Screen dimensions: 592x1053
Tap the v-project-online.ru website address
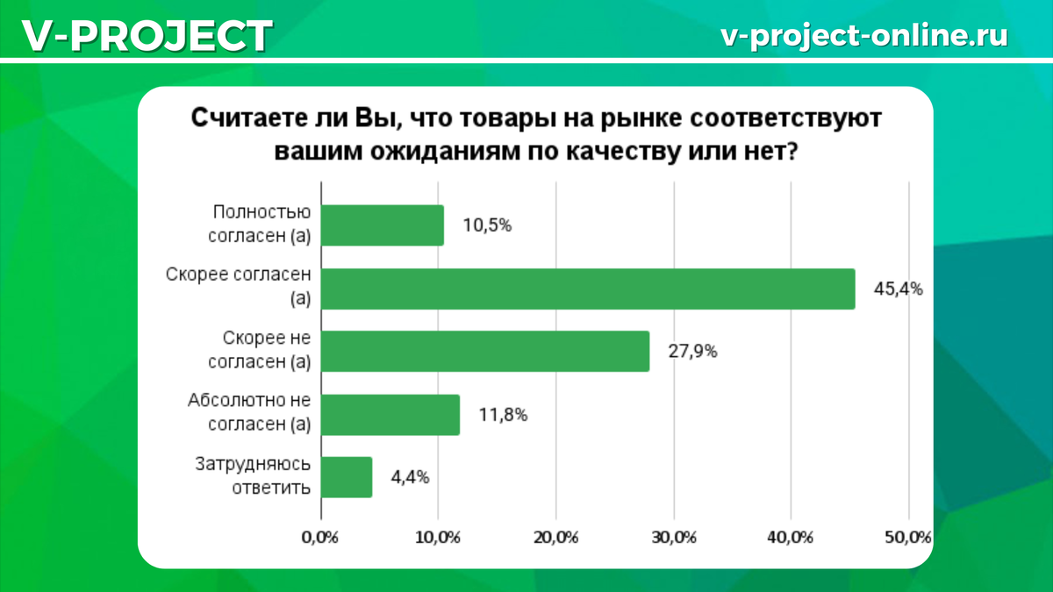(863, 35)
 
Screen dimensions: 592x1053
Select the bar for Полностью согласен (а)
(383, 225)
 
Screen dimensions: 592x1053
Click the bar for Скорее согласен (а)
(588, 289)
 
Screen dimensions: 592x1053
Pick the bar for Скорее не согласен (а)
(485, 352)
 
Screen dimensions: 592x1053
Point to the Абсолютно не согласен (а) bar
(390, 415)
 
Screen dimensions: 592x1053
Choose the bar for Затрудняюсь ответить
(347, 477)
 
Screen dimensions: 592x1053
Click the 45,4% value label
(898, 289)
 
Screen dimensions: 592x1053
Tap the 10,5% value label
(487, 225)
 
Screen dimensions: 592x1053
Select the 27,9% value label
(693, 352)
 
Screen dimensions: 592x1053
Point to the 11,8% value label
(503, 415)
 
